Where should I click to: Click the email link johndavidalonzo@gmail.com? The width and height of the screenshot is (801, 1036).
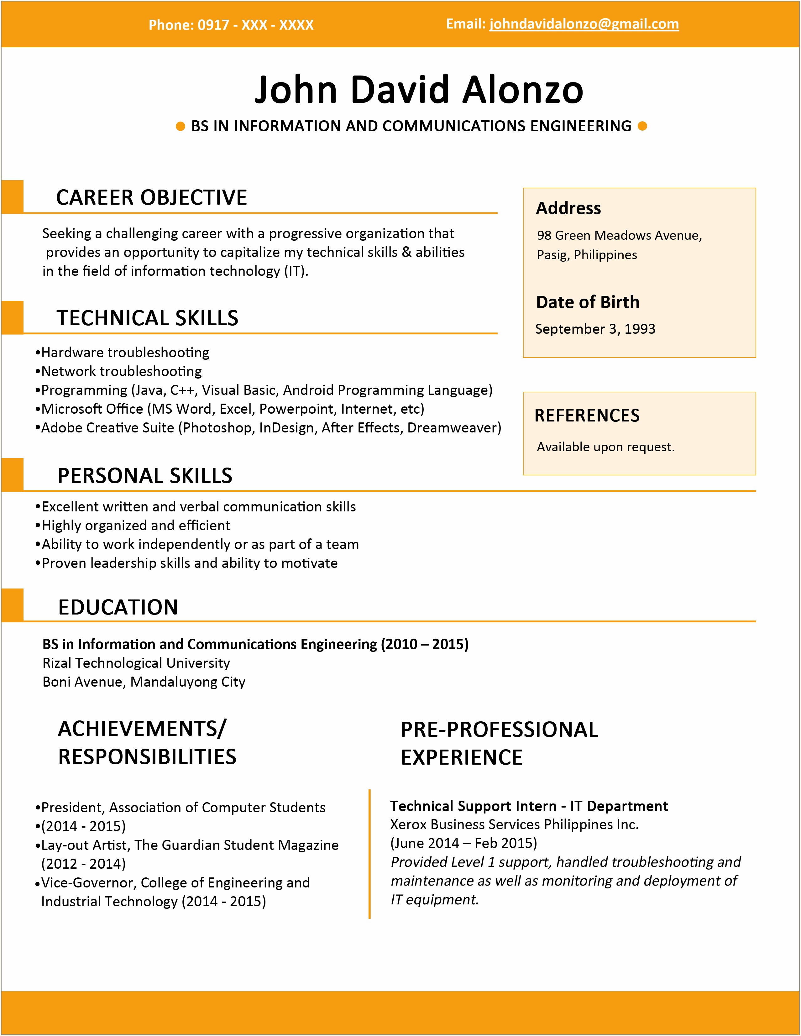584,24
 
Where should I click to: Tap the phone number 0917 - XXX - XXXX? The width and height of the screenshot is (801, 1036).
255,25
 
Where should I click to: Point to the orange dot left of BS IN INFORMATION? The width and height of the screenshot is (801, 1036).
180,126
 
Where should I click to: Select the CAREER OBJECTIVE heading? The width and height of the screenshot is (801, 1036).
151,197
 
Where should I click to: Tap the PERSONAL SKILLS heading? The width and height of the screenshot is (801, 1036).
145,475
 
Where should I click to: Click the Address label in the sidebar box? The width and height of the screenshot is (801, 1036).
568,208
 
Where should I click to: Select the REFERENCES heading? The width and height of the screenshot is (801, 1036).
587,416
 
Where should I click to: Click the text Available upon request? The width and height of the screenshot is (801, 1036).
605,447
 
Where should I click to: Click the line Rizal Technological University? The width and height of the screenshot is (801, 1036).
136,663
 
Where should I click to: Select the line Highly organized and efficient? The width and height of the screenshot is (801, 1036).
136,526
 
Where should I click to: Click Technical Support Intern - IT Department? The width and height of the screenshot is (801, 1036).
529,806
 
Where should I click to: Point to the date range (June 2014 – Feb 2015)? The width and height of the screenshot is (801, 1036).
463,843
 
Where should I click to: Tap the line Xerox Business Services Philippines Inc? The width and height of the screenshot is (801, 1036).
514,824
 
